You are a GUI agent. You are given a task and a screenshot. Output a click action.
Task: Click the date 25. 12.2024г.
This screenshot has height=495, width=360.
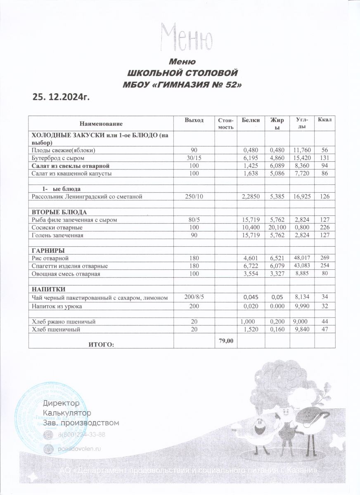(61, 97)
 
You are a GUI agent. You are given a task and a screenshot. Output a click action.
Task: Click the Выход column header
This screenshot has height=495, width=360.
(194, 120)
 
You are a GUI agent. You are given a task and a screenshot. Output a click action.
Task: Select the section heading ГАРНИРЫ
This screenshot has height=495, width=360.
(48, 251)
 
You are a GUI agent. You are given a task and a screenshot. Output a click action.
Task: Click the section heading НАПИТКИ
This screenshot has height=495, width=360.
(48, 289)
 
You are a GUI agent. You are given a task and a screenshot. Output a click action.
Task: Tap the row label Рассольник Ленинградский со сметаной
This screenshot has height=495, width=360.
(87, 197)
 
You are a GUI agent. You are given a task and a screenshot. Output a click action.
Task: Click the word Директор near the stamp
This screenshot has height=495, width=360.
(61, 402)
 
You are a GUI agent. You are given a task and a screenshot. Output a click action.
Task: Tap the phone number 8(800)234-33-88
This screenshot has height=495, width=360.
(81, 435)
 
